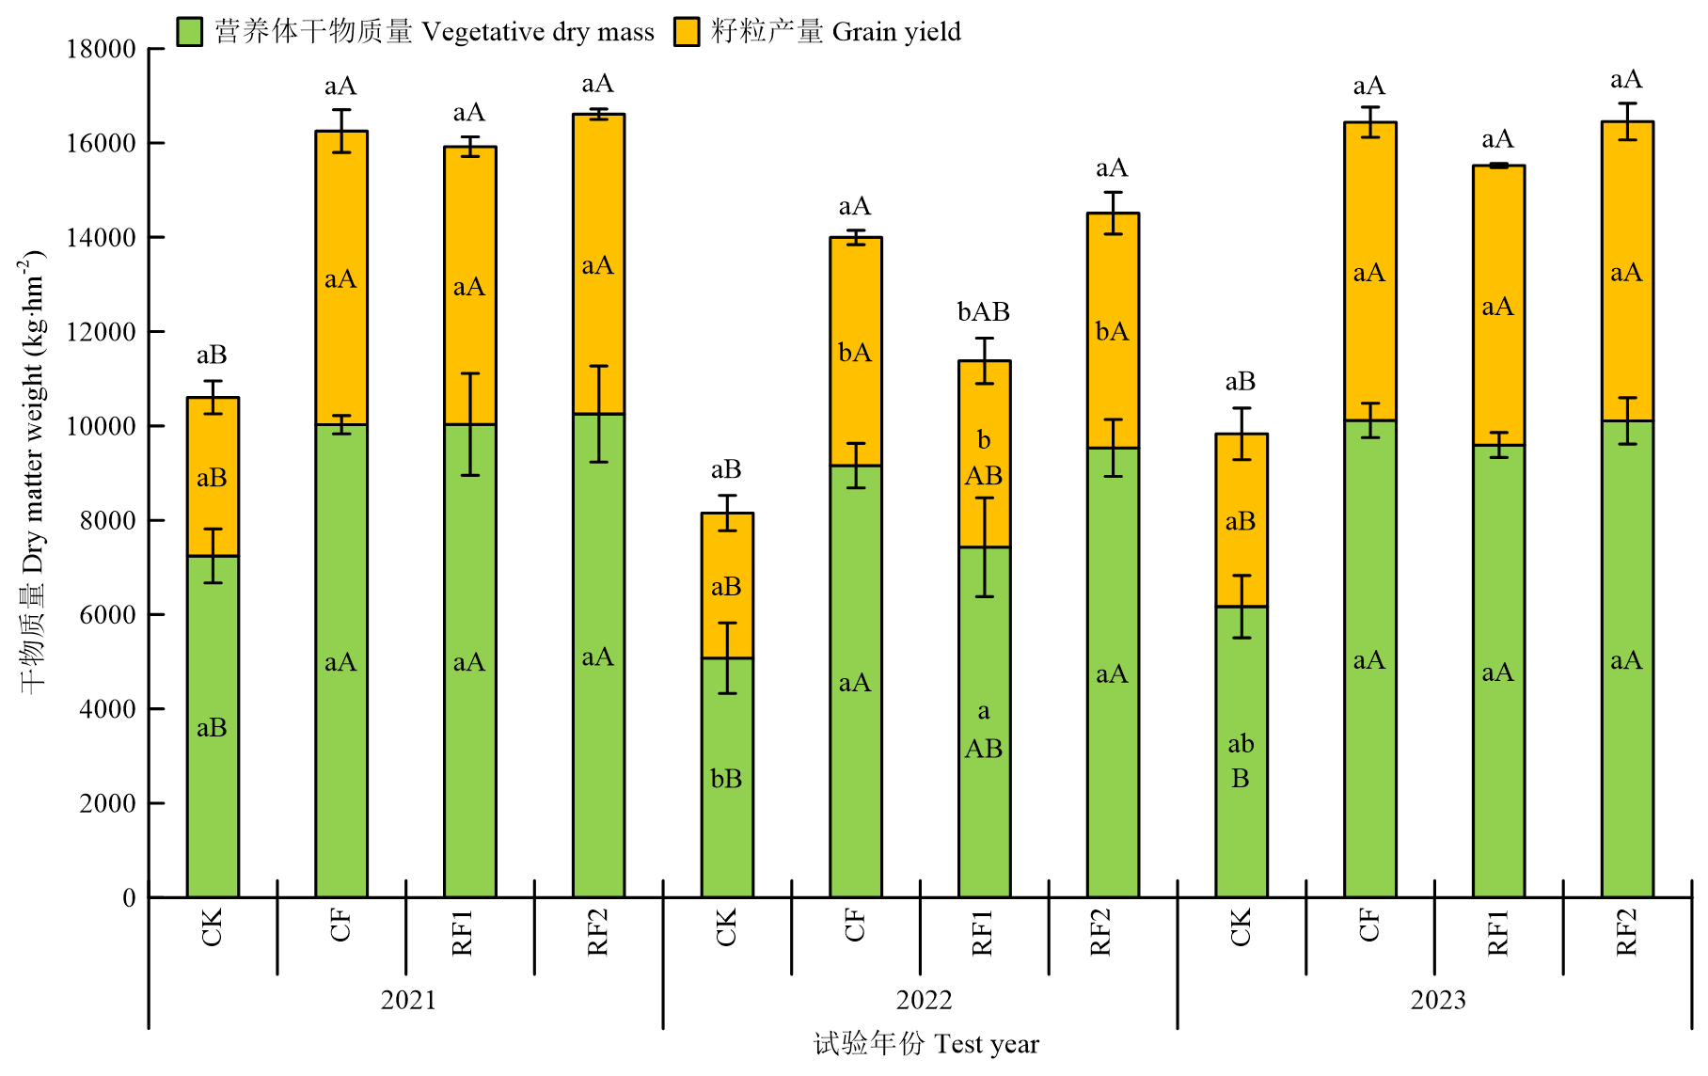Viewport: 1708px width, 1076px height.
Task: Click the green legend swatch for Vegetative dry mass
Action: pyautogui.click(x=190, y=32)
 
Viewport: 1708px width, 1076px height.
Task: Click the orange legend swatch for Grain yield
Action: pyautogui.click(x=687, y=32)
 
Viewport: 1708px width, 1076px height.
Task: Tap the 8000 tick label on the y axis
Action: pyautogui.click(x=107, y=520)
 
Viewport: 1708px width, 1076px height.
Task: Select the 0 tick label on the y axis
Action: pyautogui.click(x=129, y=898)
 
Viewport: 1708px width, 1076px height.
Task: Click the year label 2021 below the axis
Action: pyautogui.click(x=408, y=1000)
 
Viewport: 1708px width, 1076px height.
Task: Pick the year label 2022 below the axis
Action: pyautogui.click(x=924, y=1000)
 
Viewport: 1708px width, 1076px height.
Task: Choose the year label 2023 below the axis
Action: pyautogui.click(x=1438, y=1000)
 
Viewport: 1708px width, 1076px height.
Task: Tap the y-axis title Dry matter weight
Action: pyautogui.click(x=33, y=470)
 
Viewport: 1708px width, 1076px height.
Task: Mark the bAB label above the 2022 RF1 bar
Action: pyautogui.click(x=984, y=312)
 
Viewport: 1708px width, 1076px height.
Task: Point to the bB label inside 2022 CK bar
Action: pyautogui.click(x=726, y=779)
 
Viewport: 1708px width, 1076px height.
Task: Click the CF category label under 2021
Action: pyautogui.click(x=340, y=926)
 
